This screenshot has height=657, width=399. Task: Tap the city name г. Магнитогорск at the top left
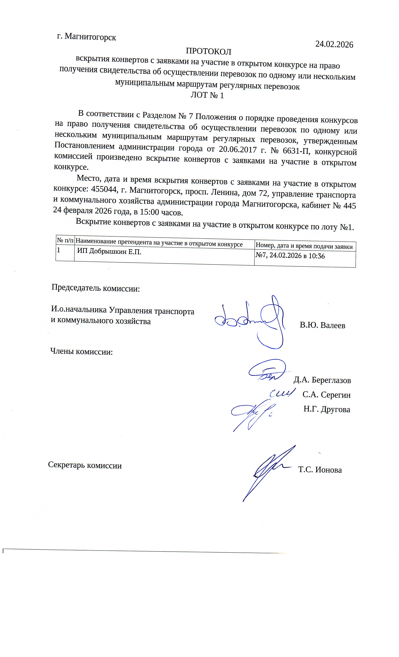(87, 37)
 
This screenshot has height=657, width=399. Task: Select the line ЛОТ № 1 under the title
(207, 95)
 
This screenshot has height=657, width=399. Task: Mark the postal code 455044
(104, 189)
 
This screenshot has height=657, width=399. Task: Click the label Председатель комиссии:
(96, 288)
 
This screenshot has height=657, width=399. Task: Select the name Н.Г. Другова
(326, 409)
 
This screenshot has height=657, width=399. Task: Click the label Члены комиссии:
(81, 352)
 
